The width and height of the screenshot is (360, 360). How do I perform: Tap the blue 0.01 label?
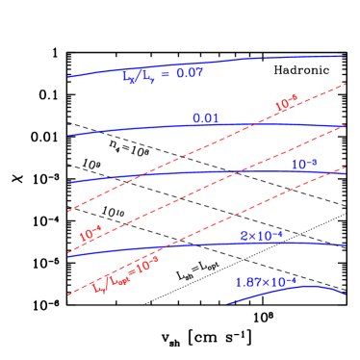(x=205, y=118)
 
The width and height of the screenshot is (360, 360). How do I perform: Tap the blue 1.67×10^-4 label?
(x=266, y=282)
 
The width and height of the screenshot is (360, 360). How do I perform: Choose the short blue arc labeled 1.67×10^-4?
(x=289, y=291)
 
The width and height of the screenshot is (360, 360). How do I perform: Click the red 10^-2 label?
(x=286, y=103)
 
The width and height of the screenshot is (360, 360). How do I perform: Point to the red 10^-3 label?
(x=90, y=233)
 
